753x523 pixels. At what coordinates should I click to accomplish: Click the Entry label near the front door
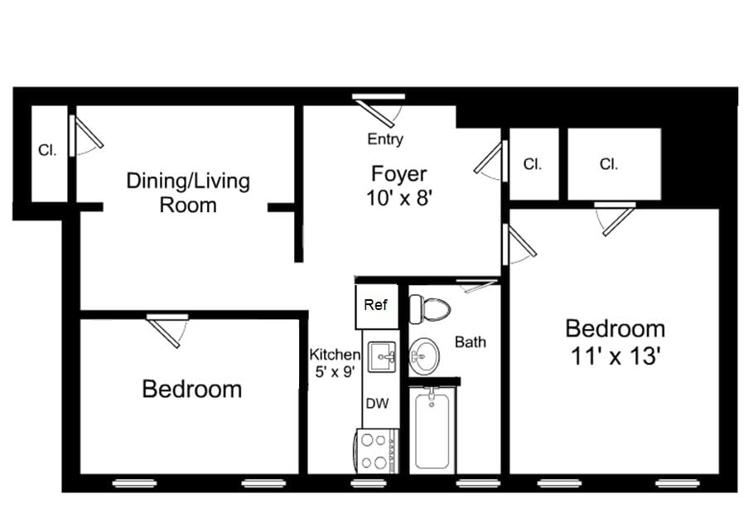click(385, 139)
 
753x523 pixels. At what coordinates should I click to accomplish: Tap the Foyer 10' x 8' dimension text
click(399, 199)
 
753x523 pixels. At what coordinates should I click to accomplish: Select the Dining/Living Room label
click(188, 192)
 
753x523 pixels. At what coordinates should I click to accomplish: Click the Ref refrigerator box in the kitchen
click(376, 305)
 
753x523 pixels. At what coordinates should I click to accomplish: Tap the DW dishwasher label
click(377, 404)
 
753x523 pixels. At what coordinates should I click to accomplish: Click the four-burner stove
click(377, 451)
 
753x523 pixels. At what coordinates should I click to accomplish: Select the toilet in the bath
click(431, 310)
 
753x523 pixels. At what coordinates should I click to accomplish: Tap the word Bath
click(470, 341)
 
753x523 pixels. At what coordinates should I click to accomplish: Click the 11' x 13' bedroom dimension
click(615, 357)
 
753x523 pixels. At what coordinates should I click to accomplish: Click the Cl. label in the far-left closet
click(47, 151)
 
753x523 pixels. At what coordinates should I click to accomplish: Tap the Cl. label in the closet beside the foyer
click(532, 164)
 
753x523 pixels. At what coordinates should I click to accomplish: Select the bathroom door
click(474, 287)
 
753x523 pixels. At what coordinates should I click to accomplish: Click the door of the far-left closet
click(85, 136)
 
